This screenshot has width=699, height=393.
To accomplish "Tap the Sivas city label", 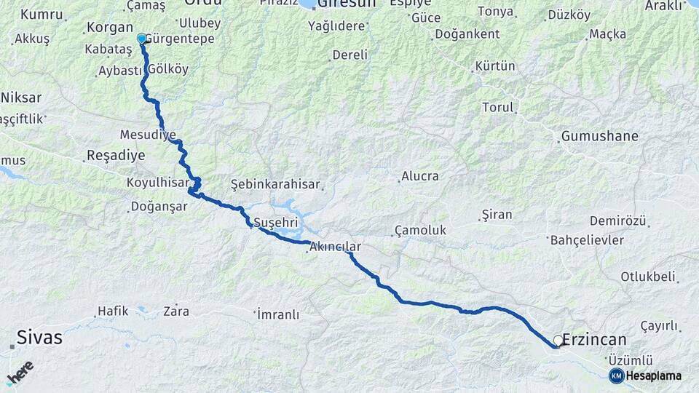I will [39, 338].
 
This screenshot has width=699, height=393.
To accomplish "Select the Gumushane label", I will [599, 136].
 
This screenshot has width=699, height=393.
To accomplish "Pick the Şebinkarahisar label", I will [275, 184].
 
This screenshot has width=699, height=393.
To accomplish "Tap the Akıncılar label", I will [335, 247].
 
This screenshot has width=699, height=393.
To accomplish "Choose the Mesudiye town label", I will [148, 135].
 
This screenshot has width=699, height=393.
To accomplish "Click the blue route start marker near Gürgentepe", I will [141, 38].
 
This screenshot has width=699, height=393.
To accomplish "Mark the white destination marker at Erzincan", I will [558, 340].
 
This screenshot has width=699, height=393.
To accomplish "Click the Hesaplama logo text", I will [654, 376].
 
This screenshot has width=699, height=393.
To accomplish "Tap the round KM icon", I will [616, 376].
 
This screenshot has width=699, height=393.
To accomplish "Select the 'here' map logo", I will [20, 372].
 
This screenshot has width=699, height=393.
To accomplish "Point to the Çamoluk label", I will [419, 230].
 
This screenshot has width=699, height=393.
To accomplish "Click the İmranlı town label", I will [278, 314].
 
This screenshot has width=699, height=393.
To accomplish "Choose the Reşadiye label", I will [115, 155].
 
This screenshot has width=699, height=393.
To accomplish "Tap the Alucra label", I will [420, 176].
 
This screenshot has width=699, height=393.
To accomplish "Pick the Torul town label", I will [498, 107].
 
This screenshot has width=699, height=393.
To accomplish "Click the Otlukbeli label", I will [647, 277].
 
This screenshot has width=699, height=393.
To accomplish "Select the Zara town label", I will [176, 311].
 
